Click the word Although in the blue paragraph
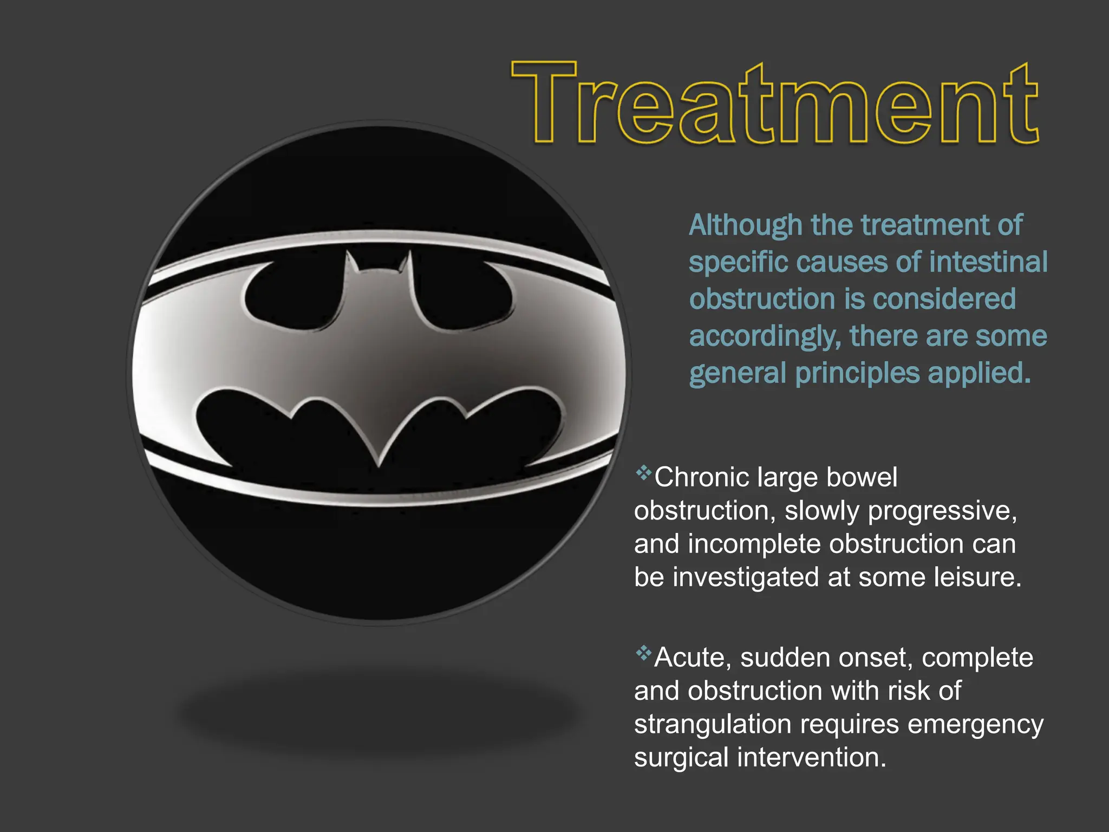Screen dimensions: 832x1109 (745, 225)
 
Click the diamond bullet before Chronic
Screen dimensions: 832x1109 (643, 473)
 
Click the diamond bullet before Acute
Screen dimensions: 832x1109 (643, 653)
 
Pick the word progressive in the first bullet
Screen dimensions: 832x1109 (942, 511)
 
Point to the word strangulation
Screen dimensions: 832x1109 (713, 725)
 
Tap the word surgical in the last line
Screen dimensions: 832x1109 (681, 758)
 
